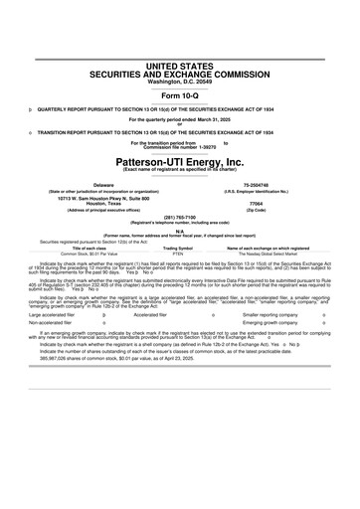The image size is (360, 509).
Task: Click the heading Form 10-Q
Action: (179, 93)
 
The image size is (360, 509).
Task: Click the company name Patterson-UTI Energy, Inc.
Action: (179, 161)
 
